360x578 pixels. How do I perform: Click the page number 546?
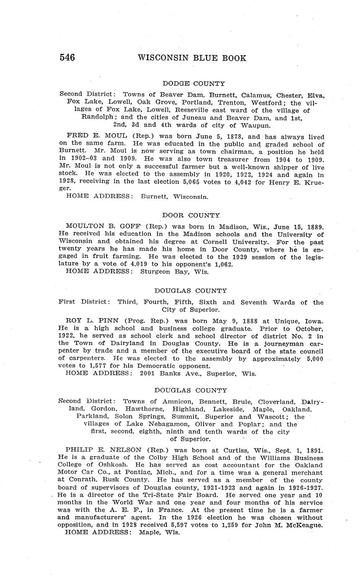pyautogui.click(x=67, y=58)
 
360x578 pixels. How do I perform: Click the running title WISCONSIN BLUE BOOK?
pyautogui.click(x=192, y=58)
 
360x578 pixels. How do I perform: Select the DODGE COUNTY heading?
pyautogui.click(x=194, y=84)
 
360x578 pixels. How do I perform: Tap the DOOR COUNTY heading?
pyautogui.click(x=191, y=215)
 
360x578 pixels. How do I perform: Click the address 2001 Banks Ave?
pyautogui.click(x=168, y=374)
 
